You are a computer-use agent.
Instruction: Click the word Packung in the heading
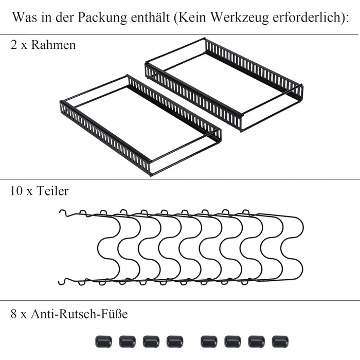click(x=102, y=17)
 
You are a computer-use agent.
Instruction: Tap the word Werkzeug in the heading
click(x=240, y=17)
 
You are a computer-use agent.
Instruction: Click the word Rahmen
click(x=53, y=45)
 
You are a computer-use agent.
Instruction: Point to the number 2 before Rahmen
click(x=14, y=45)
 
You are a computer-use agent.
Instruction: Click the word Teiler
click(x=52, y=191)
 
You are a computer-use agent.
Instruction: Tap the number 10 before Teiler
click(x=16, y=191)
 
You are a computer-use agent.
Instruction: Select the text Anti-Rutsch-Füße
click(x=79, y=313)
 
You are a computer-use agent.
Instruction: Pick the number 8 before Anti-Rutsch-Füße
click(x=14, y=314)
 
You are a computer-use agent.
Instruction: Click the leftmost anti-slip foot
click(x=103, y=341)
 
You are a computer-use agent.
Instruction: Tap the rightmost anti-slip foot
click(x=280, y=341)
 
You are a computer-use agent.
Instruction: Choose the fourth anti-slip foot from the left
click(x=175, y=341)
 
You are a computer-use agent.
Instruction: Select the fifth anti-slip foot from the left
click(x=209, y=341)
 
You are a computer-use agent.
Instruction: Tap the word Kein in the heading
click(x=192, y=17)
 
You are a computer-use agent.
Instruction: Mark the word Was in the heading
click(x=25, y=17)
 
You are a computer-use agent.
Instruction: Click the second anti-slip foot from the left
click(x=128, y=341)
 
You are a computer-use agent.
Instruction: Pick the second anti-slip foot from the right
click(x=257, y=341)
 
